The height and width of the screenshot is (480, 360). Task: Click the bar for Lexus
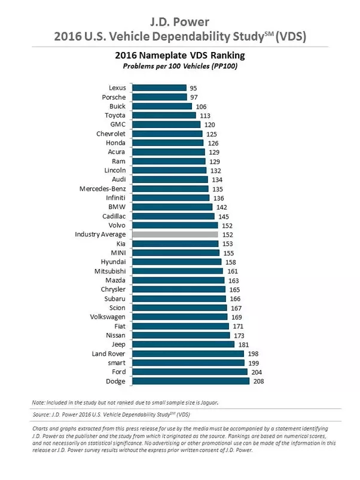point(159,88)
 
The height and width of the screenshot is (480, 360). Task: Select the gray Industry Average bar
point(175,234)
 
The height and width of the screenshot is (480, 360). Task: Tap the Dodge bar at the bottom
point(191,381)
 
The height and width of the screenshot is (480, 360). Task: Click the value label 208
point(259,381)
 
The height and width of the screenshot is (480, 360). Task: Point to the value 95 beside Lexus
point(193,88)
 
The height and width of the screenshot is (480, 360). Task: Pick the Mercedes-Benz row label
point(102,188)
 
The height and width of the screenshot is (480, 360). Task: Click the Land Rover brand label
point(108,353)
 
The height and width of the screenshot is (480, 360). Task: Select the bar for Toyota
point(164,115)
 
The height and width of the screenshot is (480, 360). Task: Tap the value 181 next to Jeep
point(243,345)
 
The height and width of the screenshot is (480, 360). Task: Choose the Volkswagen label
point(108,317)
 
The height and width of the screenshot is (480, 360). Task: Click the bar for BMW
point(172,207)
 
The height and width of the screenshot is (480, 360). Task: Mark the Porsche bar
point(160,97)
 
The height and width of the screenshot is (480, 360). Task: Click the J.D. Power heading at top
point(179,22)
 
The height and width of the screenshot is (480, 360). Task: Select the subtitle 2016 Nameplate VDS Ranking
point(180,56)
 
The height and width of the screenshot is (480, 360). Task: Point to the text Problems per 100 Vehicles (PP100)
point(180,66)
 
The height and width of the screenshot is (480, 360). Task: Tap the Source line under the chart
point(111,414)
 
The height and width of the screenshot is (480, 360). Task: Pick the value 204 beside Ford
point(257,372)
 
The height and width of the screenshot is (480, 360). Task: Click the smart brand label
point(117,363)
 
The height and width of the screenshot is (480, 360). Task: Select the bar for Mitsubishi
point(178,271)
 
